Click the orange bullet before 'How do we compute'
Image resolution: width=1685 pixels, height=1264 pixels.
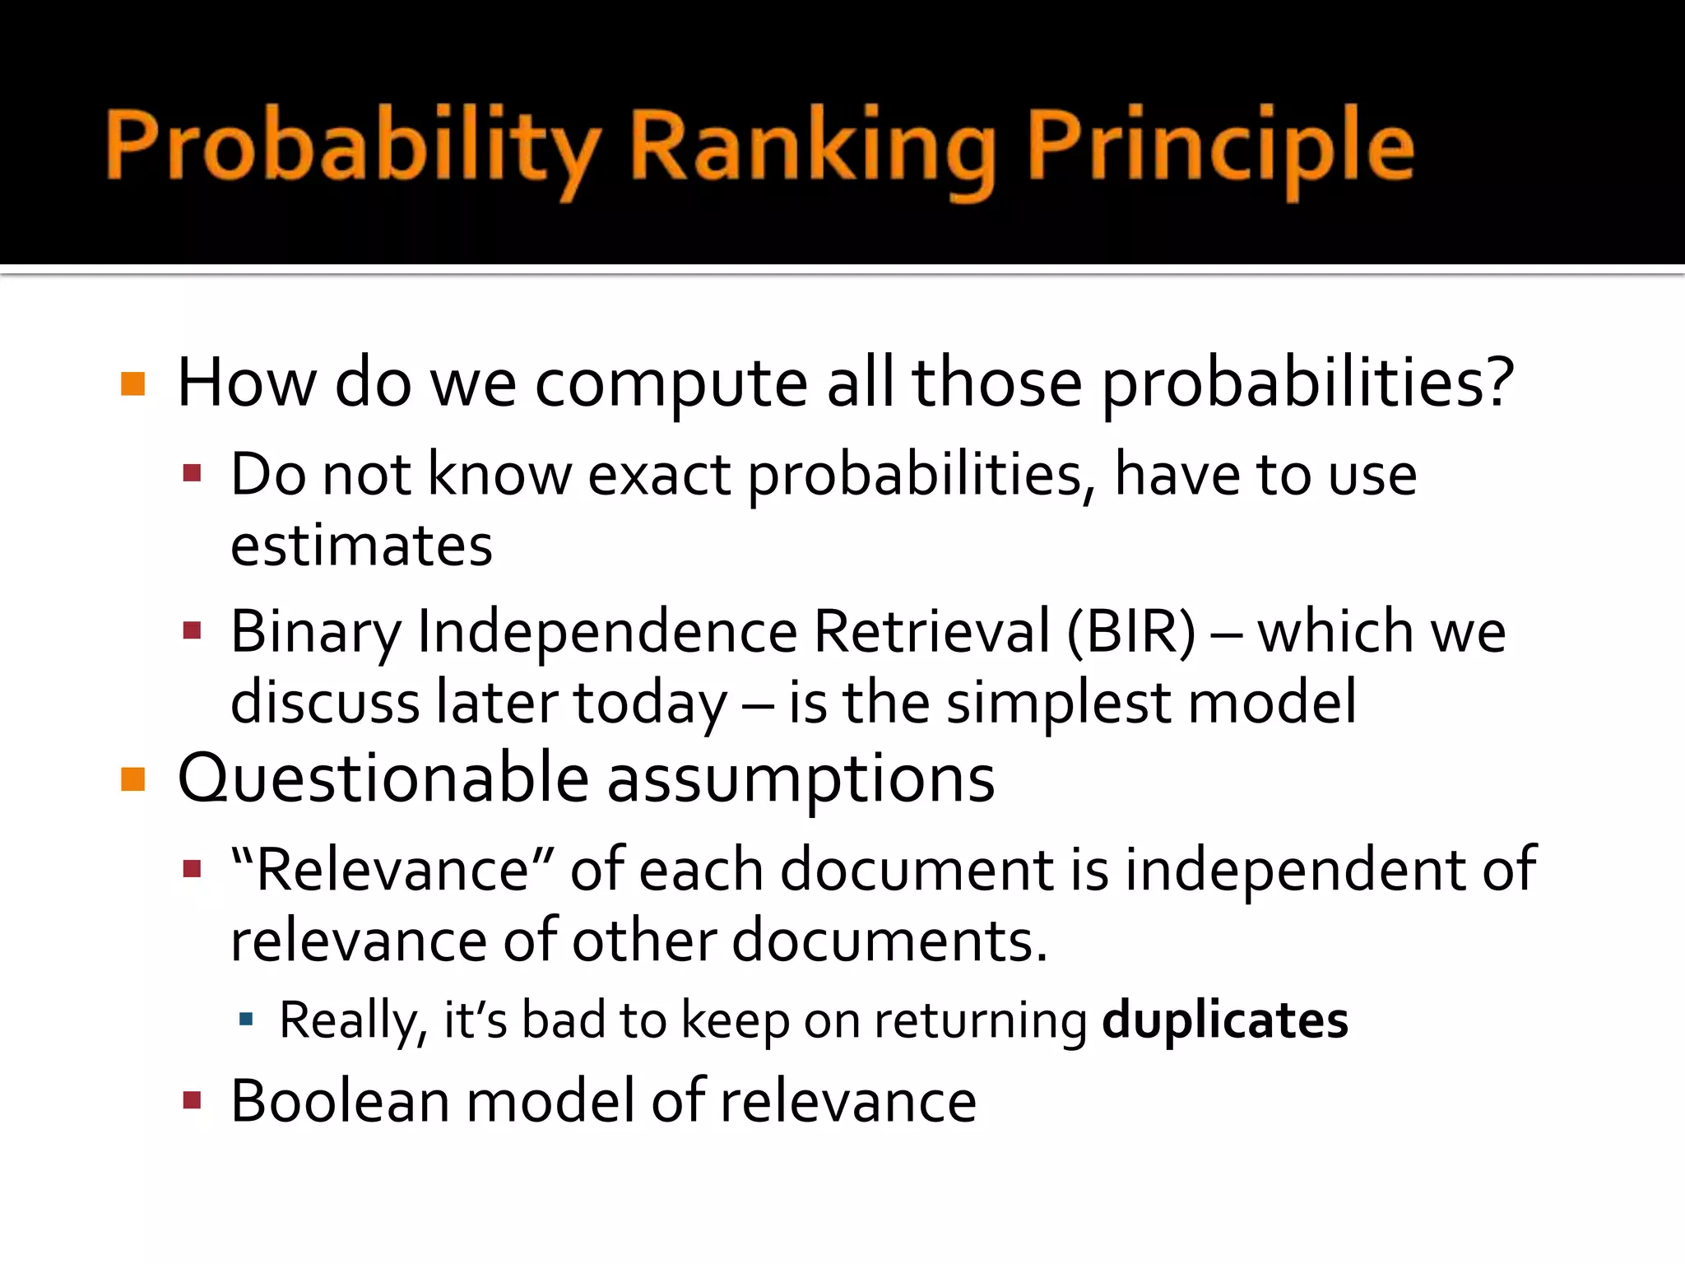(132, 383)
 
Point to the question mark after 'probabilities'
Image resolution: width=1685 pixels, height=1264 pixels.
(1498, 380)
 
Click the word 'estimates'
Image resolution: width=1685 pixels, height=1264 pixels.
(361, 546)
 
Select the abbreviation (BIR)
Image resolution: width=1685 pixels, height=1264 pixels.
(1131, 631)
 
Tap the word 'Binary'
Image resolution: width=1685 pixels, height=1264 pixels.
(316, 631)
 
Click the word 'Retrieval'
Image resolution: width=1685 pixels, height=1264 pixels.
(931, 631)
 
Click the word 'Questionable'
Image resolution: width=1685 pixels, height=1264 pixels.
(383, 778)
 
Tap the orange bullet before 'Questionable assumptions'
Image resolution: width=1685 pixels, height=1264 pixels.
(132, 778)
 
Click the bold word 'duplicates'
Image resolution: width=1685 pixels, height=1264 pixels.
(1224, 1020)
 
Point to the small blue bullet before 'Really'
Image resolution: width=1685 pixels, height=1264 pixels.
(245, 1020)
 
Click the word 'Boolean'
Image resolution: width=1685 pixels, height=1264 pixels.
(340, 1101)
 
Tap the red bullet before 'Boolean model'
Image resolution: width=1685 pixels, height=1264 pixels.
(193, 1100)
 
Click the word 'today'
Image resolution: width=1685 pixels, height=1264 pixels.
(650, 702)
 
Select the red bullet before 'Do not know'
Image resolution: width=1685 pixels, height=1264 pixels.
(193, 473)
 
